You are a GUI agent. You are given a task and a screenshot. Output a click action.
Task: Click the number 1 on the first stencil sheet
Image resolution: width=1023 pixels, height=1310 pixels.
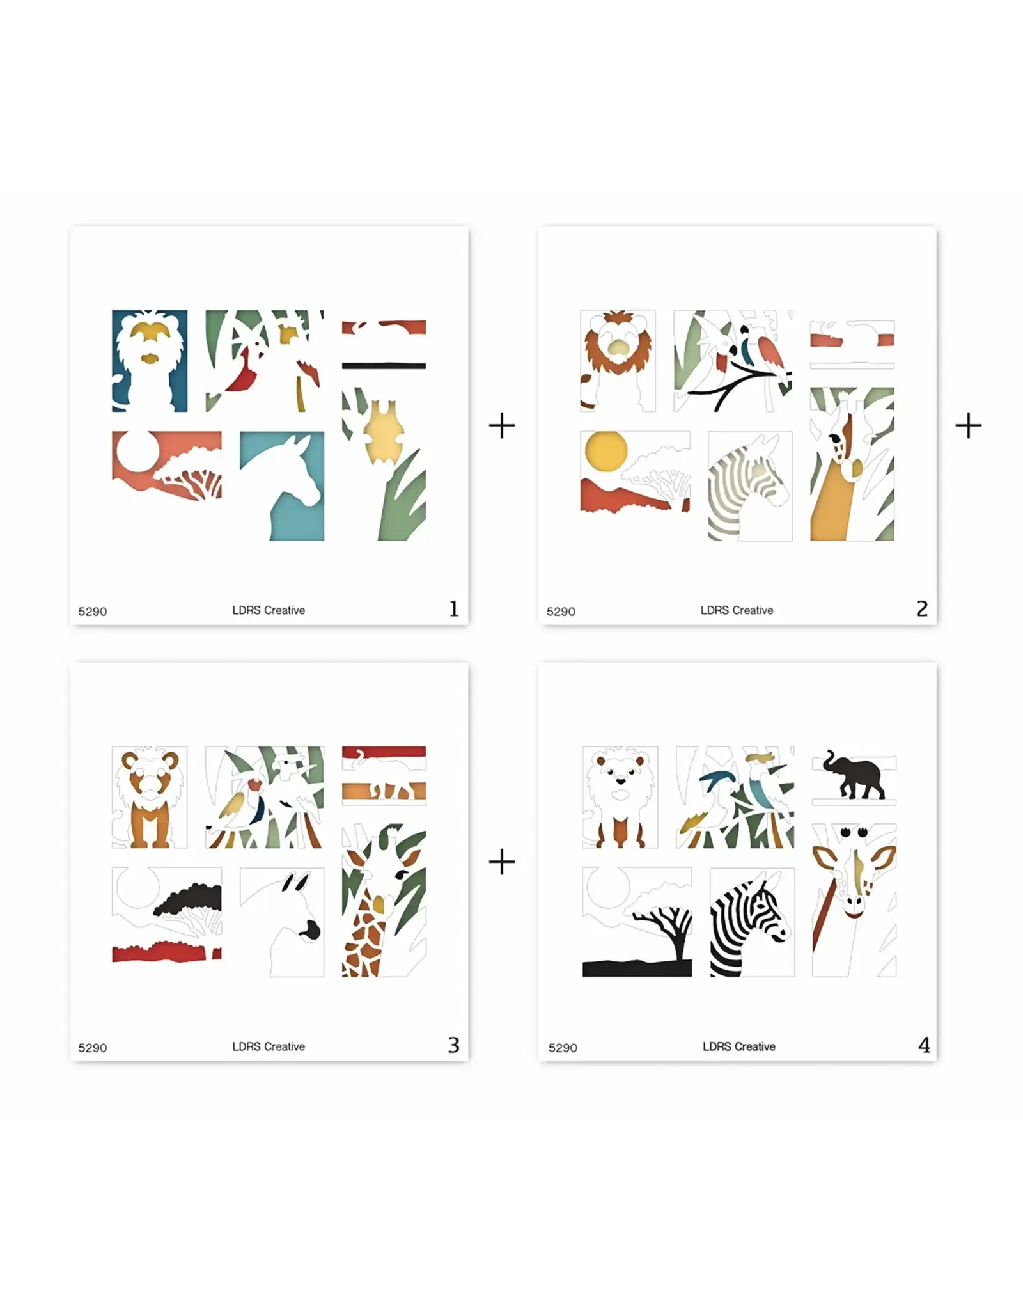454,608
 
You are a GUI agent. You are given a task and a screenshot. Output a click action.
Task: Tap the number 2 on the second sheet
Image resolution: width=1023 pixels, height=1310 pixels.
921,608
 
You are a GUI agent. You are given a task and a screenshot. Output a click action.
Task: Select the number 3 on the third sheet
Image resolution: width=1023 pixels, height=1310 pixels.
453,1045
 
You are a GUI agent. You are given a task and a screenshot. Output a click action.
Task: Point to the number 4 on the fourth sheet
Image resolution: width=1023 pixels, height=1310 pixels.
924,1045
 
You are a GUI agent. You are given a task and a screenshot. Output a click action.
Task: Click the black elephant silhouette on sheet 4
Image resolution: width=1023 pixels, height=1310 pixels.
855,775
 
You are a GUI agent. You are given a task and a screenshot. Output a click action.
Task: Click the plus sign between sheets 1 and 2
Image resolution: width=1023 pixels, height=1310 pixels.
502,425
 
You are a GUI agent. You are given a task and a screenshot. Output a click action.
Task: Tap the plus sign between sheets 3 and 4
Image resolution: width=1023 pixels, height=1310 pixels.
502,862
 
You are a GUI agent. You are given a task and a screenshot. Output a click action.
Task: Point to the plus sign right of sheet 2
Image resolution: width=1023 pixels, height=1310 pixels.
969,425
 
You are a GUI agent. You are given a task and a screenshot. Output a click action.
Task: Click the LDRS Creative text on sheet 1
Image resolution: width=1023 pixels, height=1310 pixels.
269,610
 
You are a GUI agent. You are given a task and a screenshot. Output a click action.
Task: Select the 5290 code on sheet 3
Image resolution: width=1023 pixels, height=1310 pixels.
93,1048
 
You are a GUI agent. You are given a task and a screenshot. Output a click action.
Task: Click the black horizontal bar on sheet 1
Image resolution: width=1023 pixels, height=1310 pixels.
384,366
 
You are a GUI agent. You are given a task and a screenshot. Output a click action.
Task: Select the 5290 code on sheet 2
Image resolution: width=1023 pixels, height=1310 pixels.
561,612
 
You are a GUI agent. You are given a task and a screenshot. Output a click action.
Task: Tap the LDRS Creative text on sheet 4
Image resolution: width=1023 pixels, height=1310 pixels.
738,1046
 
